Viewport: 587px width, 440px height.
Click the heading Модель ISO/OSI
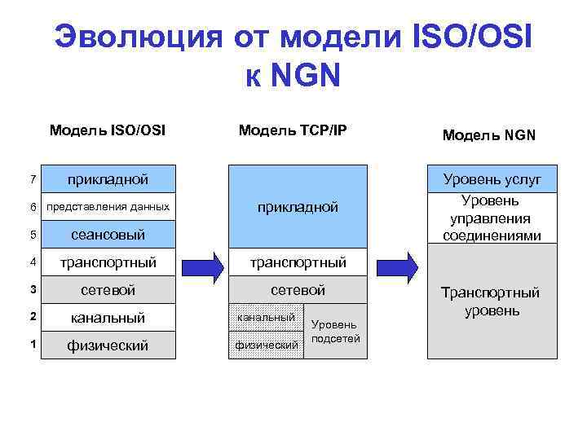(x=107, y=130)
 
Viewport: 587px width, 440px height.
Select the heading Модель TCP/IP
(x=293, y=130)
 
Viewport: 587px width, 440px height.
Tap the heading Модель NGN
(x=489, y=135)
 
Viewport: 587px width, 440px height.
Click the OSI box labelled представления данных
(x=108, y=207)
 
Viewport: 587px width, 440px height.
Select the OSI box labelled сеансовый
(x=108, y=235)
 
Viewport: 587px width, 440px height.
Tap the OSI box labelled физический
(x=108, y=345)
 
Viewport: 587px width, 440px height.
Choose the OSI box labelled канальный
(x=108, y=318)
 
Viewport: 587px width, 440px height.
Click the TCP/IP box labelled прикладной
(x=298, y=207)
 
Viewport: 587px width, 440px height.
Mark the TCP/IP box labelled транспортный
(x=298, y=262)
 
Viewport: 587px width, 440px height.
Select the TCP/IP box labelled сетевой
(x=298, y=290)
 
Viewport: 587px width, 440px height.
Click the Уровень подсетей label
(x=335, y=332)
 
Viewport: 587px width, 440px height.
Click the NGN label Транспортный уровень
(x=492, y=301)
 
